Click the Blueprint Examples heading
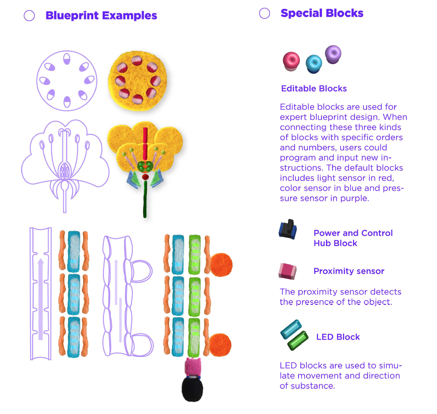(101, 16)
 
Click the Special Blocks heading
(322, 13)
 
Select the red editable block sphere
(291, 60)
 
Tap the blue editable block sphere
(314, 63)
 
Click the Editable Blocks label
(314, 88)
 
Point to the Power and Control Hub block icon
(288, 229)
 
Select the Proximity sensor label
(349, 271)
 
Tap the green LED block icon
(297, 340)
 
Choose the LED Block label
(338, 337)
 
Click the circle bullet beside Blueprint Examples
(29, 16)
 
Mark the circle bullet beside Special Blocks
(264, 13)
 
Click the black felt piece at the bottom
(192, 389)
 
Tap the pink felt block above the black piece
(193, 367)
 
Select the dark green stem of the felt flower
(144, 199)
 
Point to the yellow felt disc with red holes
(137, 80)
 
